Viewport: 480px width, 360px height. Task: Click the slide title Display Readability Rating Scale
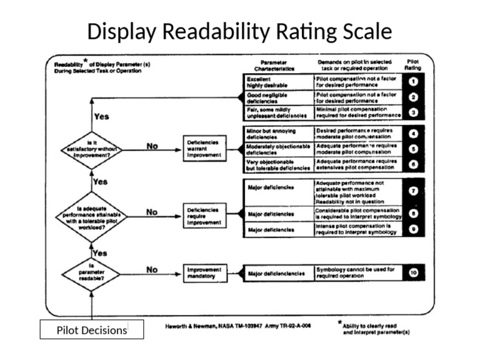(x=239, y=31)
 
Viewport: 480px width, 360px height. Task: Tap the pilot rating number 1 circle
(x=414, y=82)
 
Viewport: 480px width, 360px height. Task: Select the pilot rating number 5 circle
(x=414, y=149)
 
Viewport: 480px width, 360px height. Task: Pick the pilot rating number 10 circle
(x=414, y=272)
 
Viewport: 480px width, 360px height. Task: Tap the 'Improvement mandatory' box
(x=202, y=272)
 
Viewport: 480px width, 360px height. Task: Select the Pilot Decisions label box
(x=92, y=330)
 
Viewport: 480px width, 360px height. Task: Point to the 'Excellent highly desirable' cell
(x=277, y=82)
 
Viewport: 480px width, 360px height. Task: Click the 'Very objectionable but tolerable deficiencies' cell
(x=277, y=165)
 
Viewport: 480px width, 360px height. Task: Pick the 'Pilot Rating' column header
(x=413, y=64)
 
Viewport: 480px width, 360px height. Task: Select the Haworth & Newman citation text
(x=238, y=326)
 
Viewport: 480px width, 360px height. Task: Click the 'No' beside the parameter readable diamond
(x=152, y=270)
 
